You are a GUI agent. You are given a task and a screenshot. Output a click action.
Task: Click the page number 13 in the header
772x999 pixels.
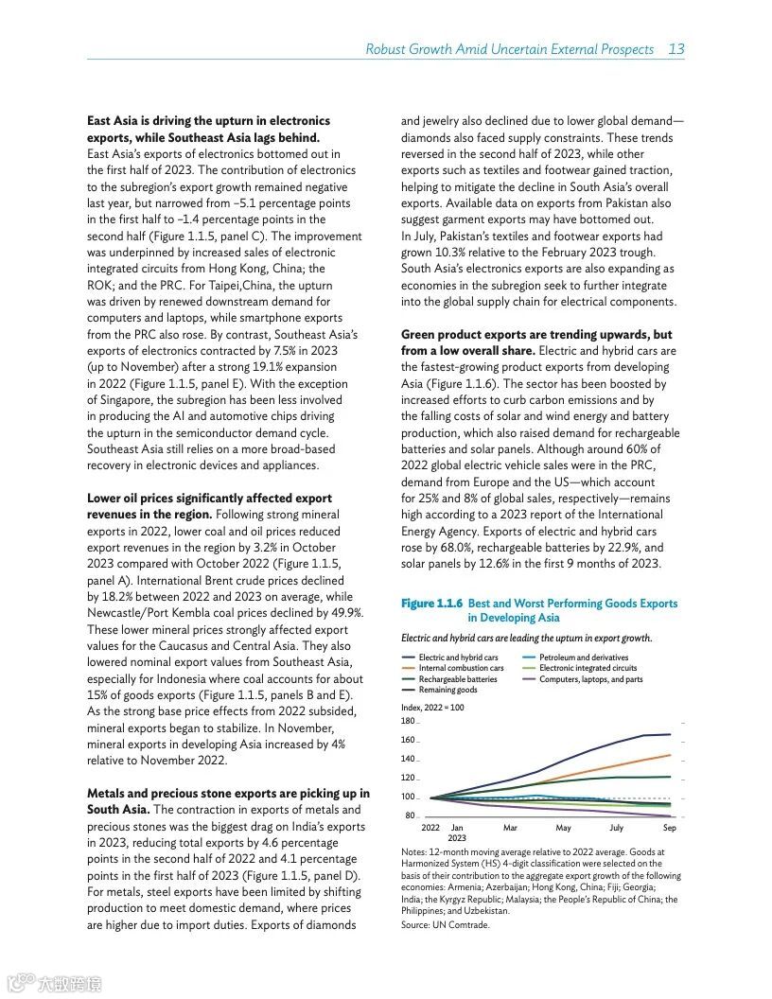[x=676, y=49]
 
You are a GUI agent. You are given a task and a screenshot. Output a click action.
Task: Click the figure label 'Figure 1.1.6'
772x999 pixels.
[x=431, y=604]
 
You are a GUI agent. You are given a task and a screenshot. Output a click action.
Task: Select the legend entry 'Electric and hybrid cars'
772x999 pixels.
[x=458, y=657]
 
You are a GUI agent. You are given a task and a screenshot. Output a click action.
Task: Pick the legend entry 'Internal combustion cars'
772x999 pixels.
[x=461, y=669]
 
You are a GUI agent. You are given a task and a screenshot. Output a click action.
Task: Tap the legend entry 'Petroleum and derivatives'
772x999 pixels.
[x=583, y=657]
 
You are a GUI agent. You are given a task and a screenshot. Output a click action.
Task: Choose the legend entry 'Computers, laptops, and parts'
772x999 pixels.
[x=590, y=679]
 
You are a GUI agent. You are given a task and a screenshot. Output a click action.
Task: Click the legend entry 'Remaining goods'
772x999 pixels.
[x=447, y=690]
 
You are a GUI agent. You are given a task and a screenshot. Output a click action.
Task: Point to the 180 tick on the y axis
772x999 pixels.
[x=408, y=722]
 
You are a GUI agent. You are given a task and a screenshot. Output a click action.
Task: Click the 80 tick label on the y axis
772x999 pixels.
[x=410, y=815]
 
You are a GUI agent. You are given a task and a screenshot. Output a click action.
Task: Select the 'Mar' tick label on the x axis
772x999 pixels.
[x=510, y=828]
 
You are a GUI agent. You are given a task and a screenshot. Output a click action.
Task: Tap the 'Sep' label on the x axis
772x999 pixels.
[x=670, y=828]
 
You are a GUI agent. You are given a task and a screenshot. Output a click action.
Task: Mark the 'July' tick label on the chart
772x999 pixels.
[x=617, y=828]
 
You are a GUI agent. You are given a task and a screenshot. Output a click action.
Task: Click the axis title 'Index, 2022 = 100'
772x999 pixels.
[x=432, y=708]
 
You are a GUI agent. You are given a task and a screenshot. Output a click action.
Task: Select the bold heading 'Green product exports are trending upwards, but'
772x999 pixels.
[x=536, y=335]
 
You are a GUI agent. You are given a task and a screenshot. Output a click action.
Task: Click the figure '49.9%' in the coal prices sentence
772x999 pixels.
[x=344, y=613]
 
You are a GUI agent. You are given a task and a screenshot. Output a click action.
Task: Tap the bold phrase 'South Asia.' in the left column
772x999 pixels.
[x=117, y=810]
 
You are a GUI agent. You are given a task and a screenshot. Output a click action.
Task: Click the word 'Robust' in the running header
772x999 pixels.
[x=386, y=49]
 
